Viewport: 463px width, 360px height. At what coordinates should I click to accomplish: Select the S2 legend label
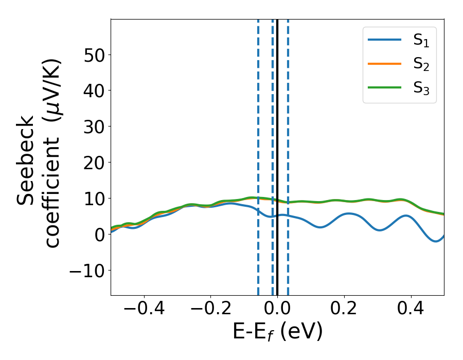click(421, 65)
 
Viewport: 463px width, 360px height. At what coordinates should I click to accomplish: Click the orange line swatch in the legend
click(385, 64)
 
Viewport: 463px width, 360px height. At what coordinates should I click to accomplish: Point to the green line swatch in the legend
click(385, 87)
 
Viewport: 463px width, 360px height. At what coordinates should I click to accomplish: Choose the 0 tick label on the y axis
click(98, 235)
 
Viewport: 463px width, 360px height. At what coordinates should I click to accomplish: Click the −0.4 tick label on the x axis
click(144, 309)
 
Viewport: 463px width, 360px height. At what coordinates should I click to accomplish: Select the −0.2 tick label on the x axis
click(210, 309)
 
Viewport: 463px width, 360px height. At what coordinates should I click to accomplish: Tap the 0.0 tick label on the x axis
click(277, 309)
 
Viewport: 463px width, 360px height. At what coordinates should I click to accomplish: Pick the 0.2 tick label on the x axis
click(344, 309)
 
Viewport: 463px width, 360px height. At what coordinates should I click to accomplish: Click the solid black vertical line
click(277, 129)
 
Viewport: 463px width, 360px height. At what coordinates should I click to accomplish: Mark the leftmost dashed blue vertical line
click(258, 129)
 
